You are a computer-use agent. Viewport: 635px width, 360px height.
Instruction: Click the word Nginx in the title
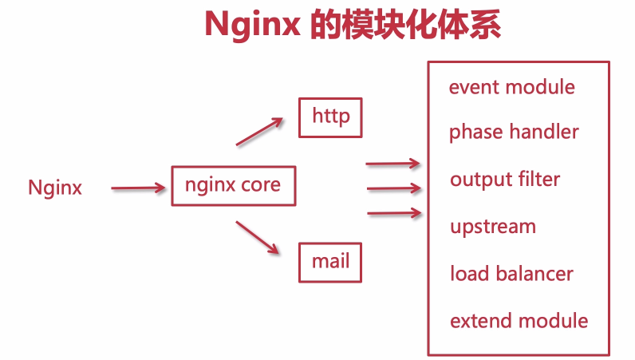point(250,25)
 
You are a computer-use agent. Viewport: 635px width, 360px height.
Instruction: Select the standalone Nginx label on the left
point(55,188)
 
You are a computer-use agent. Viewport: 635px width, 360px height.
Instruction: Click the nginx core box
point(233,186)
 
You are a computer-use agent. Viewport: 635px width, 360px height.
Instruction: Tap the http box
point(330,117)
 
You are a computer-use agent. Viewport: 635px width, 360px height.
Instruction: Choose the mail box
point(330,262)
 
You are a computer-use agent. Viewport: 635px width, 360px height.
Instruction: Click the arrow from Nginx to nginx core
point(136,188)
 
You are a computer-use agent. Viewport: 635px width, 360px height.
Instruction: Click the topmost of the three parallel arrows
point(392,164)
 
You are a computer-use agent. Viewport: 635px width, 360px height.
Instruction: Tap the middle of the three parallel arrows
point(392,189)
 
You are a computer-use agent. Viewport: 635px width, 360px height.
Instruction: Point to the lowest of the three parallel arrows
point(392,213)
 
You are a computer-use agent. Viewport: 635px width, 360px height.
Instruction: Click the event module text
point(511,87)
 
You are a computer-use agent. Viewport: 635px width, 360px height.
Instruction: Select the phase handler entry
point(514,133)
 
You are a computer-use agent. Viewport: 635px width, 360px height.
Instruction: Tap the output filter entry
point(505,180)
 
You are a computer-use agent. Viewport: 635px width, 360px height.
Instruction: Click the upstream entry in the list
point(492,227)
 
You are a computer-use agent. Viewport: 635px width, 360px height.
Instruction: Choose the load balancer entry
point(511,274)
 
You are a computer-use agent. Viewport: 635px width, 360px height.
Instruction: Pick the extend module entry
point(519,321)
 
